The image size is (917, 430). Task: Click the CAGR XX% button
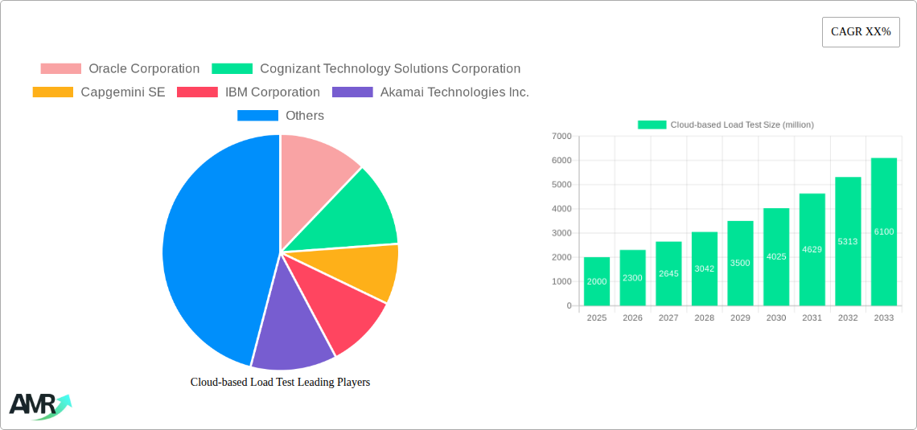click(x=860, y=32)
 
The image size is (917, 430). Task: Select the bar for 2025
click(x=596, y=281)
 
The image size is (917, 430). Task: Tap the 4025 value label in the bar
click(x=776, y=257)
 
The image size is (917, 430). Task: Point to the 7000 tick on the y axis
click(x=561, y=137)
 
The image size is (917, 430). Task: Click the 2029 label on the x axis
click(x=740, y=318)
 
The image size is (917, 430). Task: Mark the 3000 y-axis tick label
click(x=561, y=233)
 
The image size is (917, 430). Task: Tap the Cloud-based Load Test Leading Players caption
click(x=280, y=383)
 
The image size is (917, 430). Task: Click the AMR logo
click(x=39, y=406)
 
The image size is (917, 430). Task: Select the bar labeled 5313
click(x=848, y=241)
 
